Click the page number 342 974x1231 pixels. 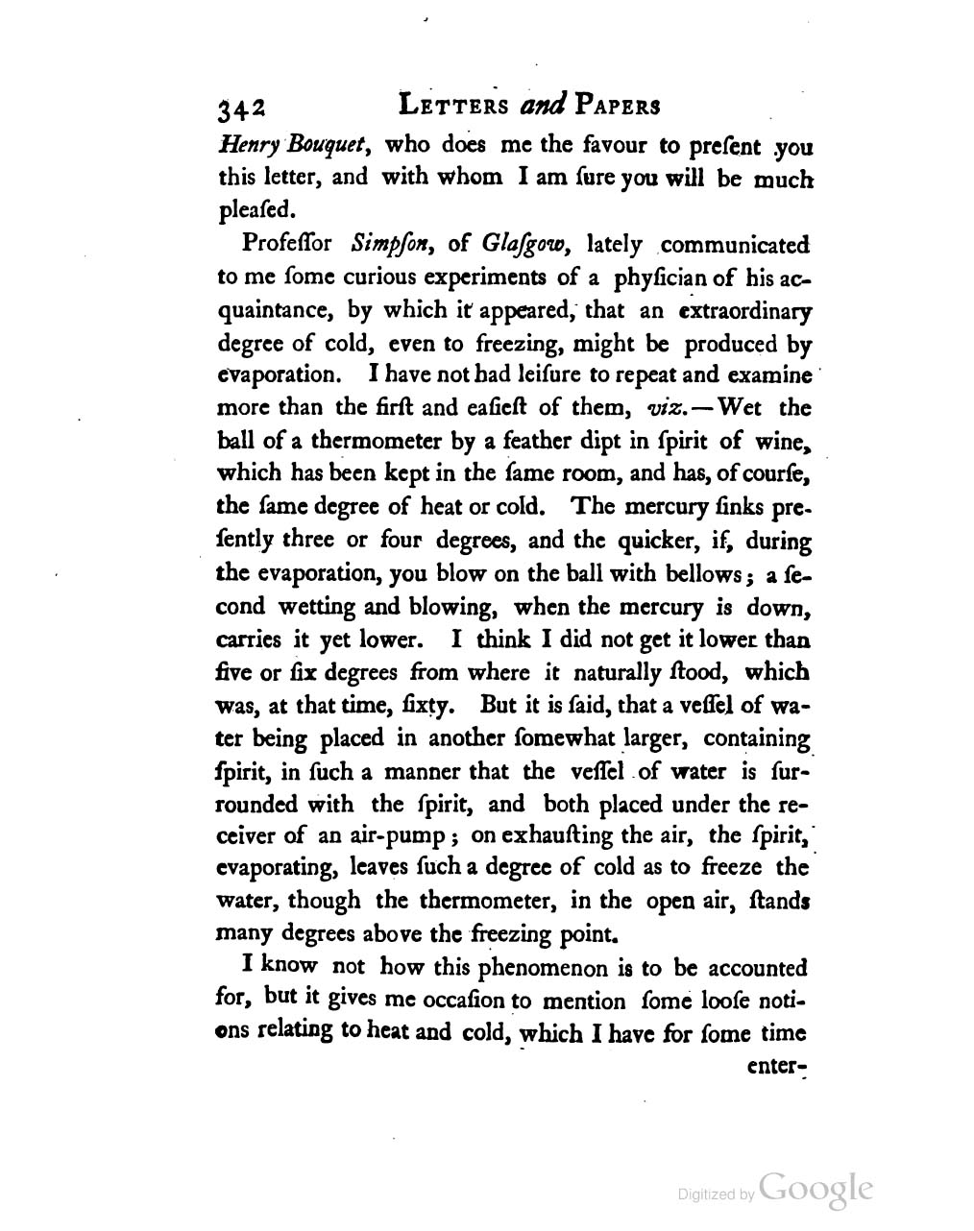click(x=245, y=109)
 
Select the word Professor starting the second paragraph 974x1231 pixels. click(x=277, y=245)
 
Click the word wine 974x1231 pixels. click(x=787, y=442)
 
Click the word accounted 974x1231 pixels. click(x=748, y=968)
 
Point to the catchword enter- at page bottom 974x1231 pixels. click(x=780, y=1066)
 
